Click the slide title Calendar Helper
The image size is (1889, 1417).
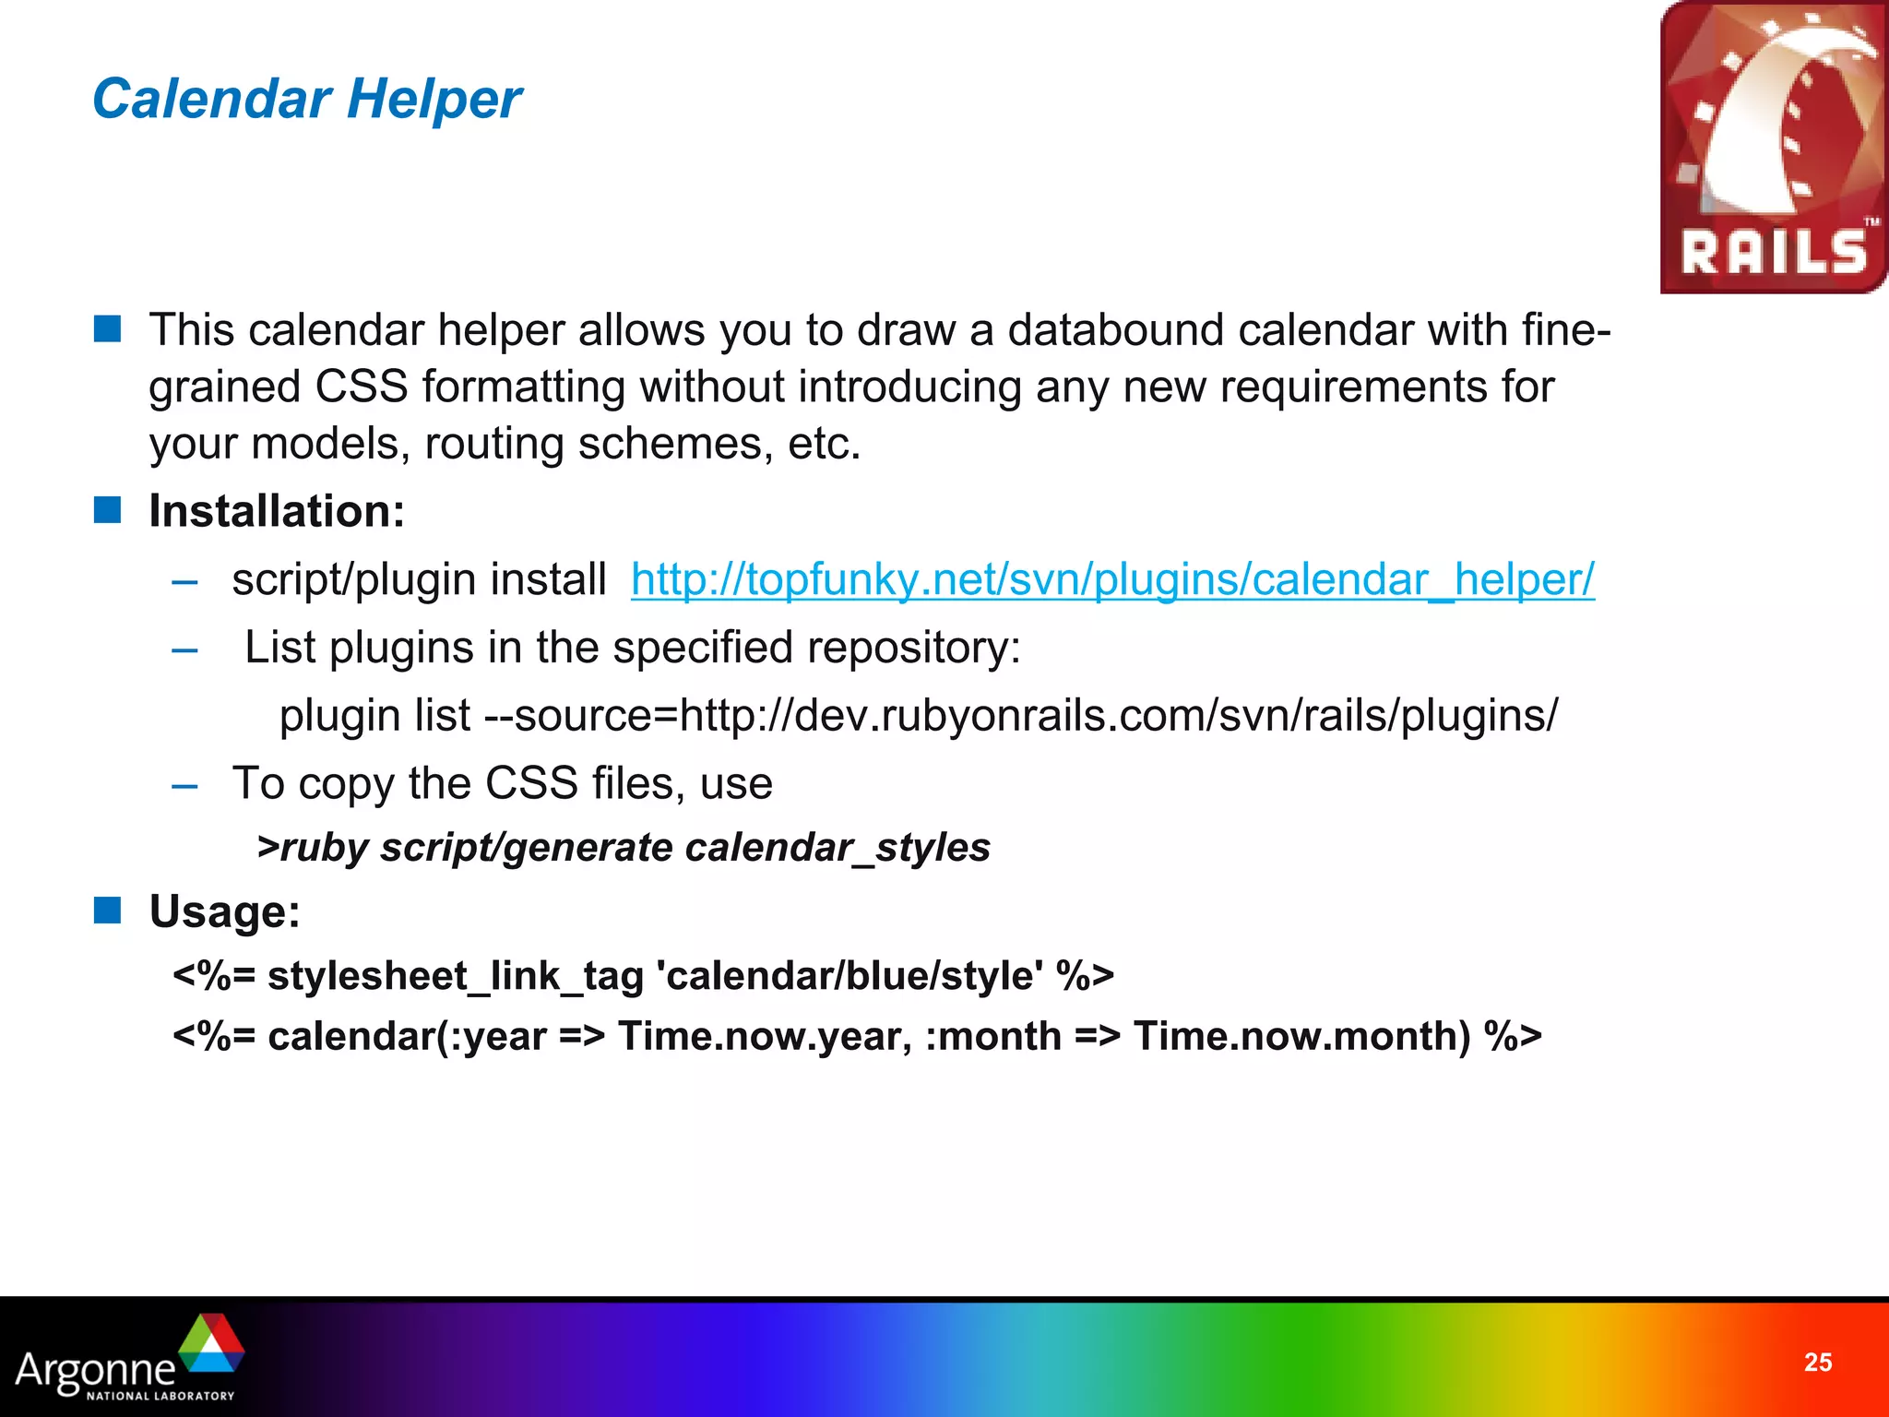click(307, 99)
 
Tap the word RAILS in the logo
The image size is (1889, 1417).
click(1773, 252)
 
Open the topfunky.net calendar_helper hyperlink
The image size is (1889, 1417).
click(1111, 580)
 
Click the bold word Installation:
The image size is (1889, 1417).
click(277, 511)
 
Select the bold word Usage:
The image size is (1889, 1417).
click(225, 911)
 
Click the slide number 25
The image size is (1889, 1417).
click(1817, 1363)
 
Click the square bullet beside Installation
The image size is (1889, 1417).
click(108, 510)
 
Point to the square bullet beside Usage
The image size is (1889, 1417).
click(108, 911)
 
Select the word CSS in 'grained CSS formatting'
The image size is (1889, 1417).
click(361, 387)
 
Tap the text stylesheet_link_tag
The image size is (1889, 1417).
click(455, 976)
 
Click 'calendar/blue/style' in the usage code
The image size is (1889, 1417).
click(849, 976)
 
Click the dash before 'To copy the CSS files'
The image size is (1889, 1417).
click(184, 785)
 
